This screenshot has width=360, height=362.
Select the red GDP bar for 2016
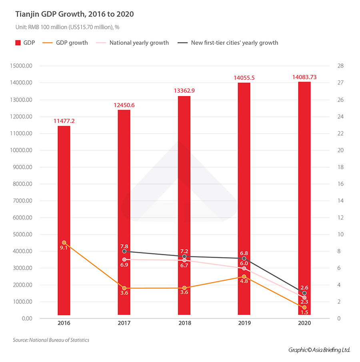point(64,220)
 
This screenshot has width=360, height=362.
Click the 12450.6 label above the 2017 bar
point(124,105)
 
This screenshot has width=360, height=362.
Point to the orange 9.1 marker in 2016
point(64,243)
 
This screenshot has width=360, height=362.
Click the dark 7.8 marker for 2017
point(124,251)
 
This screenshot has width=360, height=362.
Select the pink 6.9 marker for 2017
point(124,260)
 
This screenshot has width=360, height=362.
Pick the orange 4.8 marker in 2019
point(244,276)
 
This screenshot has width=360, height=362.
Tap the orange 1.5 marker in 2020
point(304,307)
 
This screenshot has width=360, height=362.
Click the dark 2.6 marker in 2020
point(304,293)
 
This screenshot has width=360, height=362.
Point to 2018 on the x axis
point(184,323)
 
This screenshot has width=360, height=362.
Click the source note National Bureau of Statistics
point(51,340)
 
